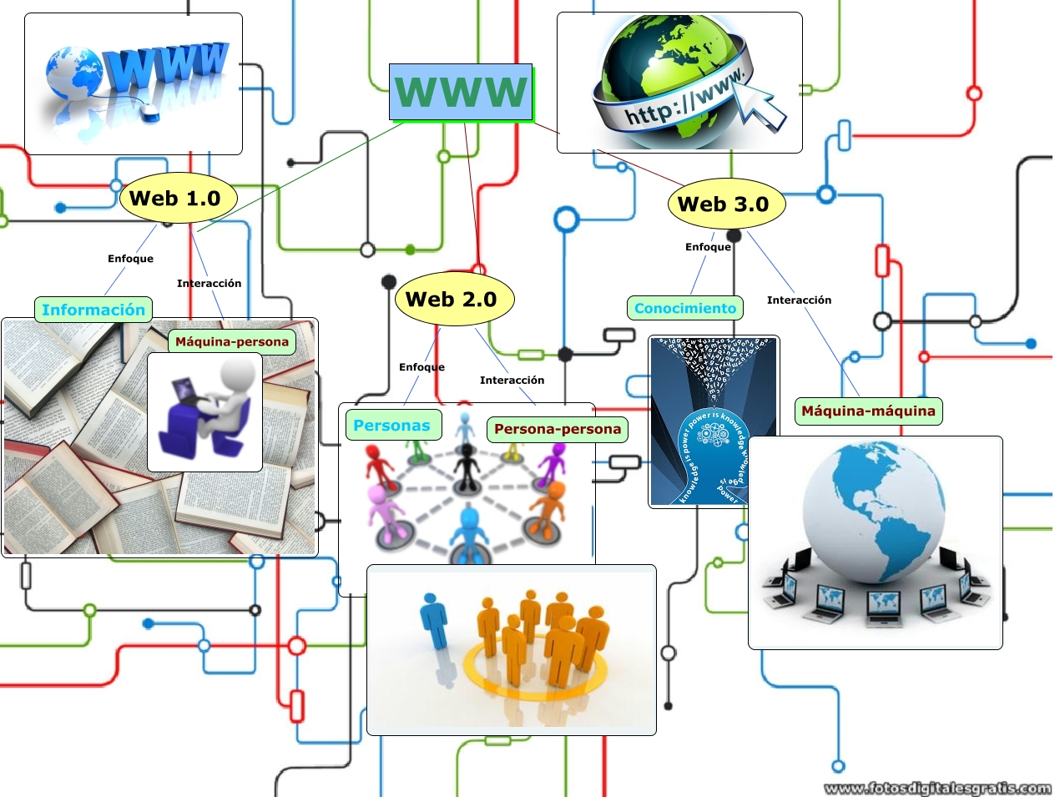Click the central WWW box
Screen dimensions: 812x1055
[461, 92]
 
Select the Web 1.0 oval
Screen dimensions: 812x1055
[178, 199]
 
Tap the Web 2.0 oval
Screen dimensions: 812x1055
[453, 299]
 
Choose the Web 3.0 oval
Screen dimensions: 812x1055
[725, 204]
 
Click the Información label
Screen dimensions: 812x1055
[93, 310]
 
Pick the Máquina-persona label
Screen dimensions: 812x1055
[232, 341]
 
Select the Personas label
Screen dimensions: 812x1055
[392, 426]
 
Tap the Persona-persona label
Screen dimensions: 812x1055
[558, 429]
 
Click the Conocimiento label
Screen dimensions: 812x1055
[685, 308]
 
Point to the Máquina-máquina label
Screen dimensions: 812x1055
[868, 411]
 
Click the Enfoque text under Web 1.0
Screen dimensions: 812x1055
[130, 259]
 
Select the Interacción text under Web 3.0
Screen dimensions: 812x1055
[799, 300]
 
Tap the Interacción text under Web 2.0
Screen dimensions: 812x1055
[512, 381]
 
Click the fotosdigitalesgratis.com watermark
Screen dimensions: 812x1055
[936, 788]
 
